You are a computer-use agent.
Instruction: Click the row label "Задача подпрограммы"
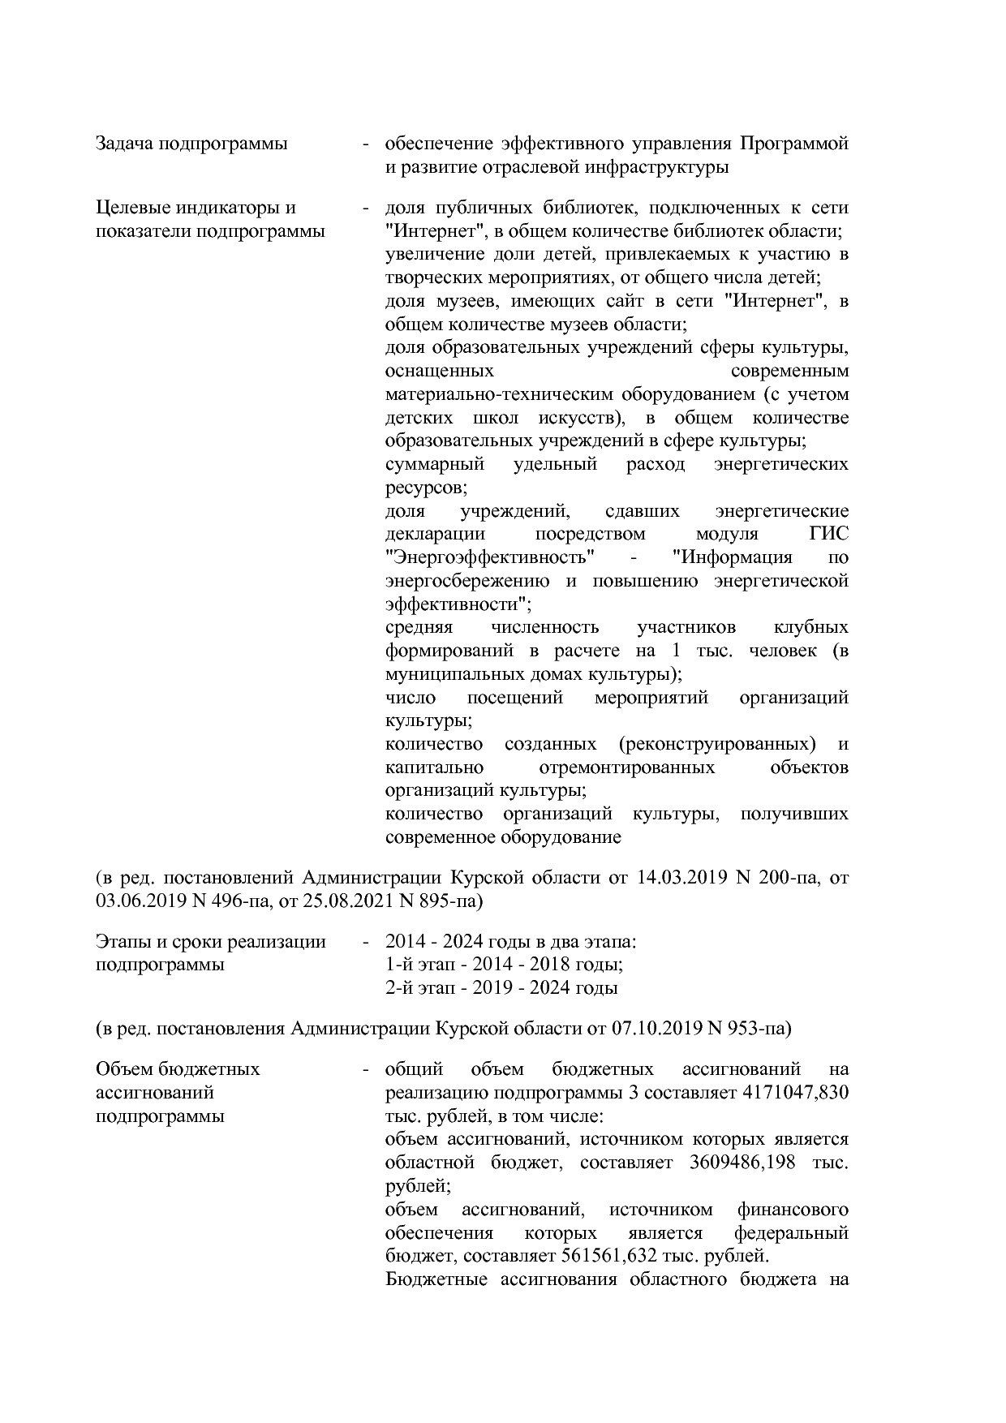tap(191, 144)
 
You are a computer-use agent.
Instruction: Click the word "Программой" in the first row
tap(793, 144)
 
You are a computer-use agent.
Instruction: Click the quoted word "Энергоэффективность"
tap(491, 557)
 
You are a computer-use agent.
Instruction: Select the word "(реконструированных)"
tap(716, 744)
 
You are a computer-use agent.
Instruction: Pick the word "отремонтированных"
tap(626, 767)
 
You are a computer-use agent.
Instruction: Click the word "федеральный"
tap(791, 1233)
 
